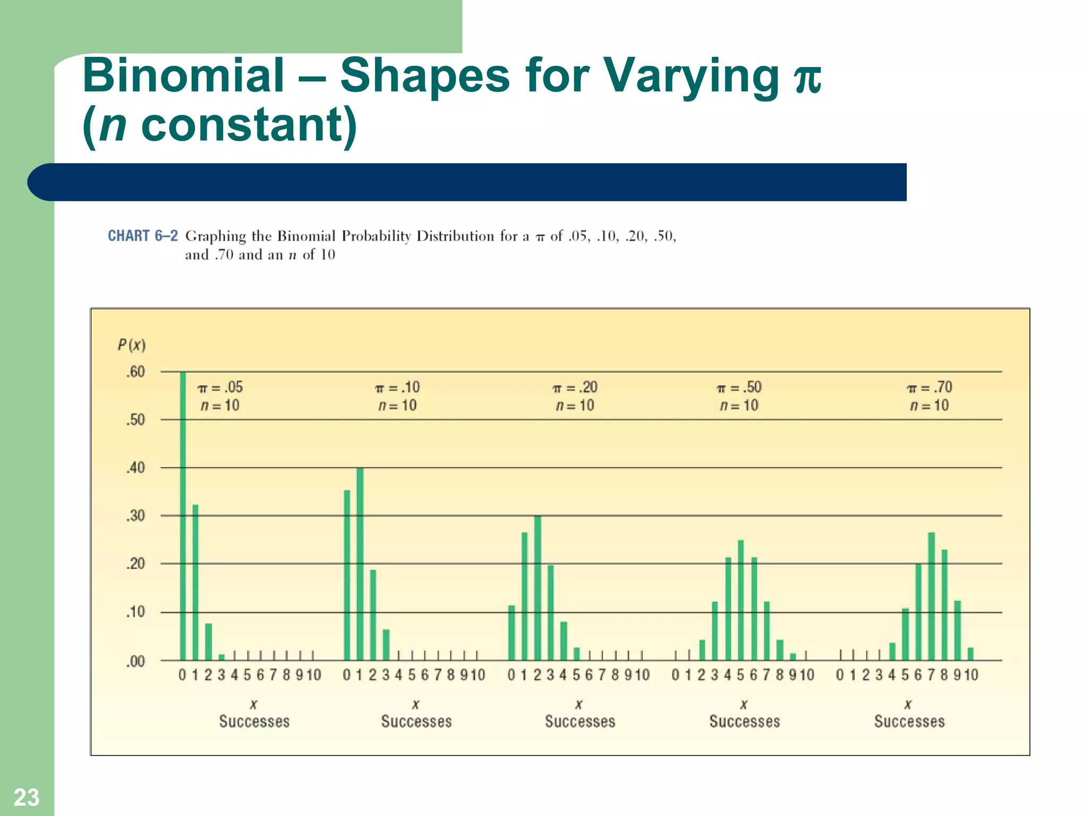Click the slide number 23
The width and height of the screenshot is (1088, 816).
click(26, 797)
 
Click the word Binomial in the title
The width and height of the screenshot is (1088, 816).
click(184, 75)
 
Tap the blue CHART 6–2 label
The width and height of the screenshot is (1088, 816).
click(142, 236)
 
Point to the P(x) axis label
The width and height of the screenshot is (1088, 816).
click(131, 345)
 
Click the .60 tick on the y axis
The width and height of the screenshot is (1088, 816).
click(135, 372)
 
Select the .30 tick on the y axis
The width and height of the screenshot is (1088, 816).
click(135, 516)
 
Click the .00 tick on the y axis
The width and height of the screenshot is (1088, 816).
click(135, 662)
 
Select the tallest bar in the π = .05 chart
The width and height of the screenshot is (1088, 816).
click(183, 515)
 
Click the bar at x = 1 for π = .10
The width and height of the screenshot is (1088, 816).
click(360, 563)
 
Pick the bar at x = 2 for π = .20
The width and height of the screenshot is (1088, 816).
click(538, 587)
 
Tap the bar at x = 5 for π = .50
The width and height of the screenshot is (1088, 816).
click(741, 600)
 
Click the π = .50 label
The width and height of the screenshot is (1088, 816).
click(739, 387)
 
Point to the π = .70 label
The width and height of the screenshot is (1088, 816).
click(929, 387)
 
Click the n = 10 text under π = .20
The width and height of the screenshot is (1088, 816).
click(575, 406)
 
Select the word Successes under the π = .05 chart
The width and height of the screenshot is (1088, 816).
click(254, 721)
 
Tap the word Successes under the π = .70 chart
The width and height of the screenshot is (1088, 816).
click(909, 721)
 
